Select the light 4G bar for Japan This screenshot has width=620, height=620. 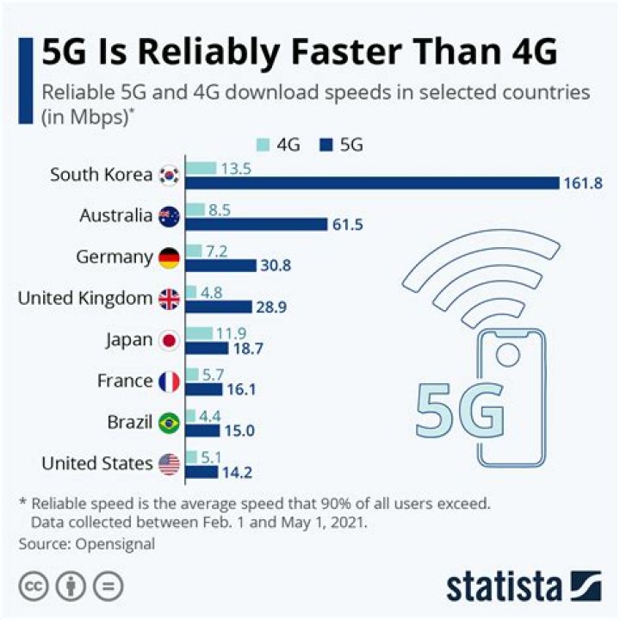198,332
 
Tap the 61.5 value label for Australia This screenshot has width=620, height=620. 349,224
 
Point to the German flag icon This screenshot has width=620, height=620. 169,257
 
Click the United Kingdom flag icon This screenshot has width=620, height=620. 169,299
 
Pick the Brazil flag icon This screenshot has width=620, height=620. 169,423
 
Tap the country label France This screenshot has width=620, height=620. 124,381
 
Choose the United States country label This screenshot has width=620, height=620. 97,463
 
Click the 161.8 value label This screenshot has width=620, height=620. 583,183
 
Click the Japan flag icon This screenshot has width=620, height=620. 169,340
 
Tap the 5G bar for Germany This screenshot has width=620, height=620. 220,265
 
